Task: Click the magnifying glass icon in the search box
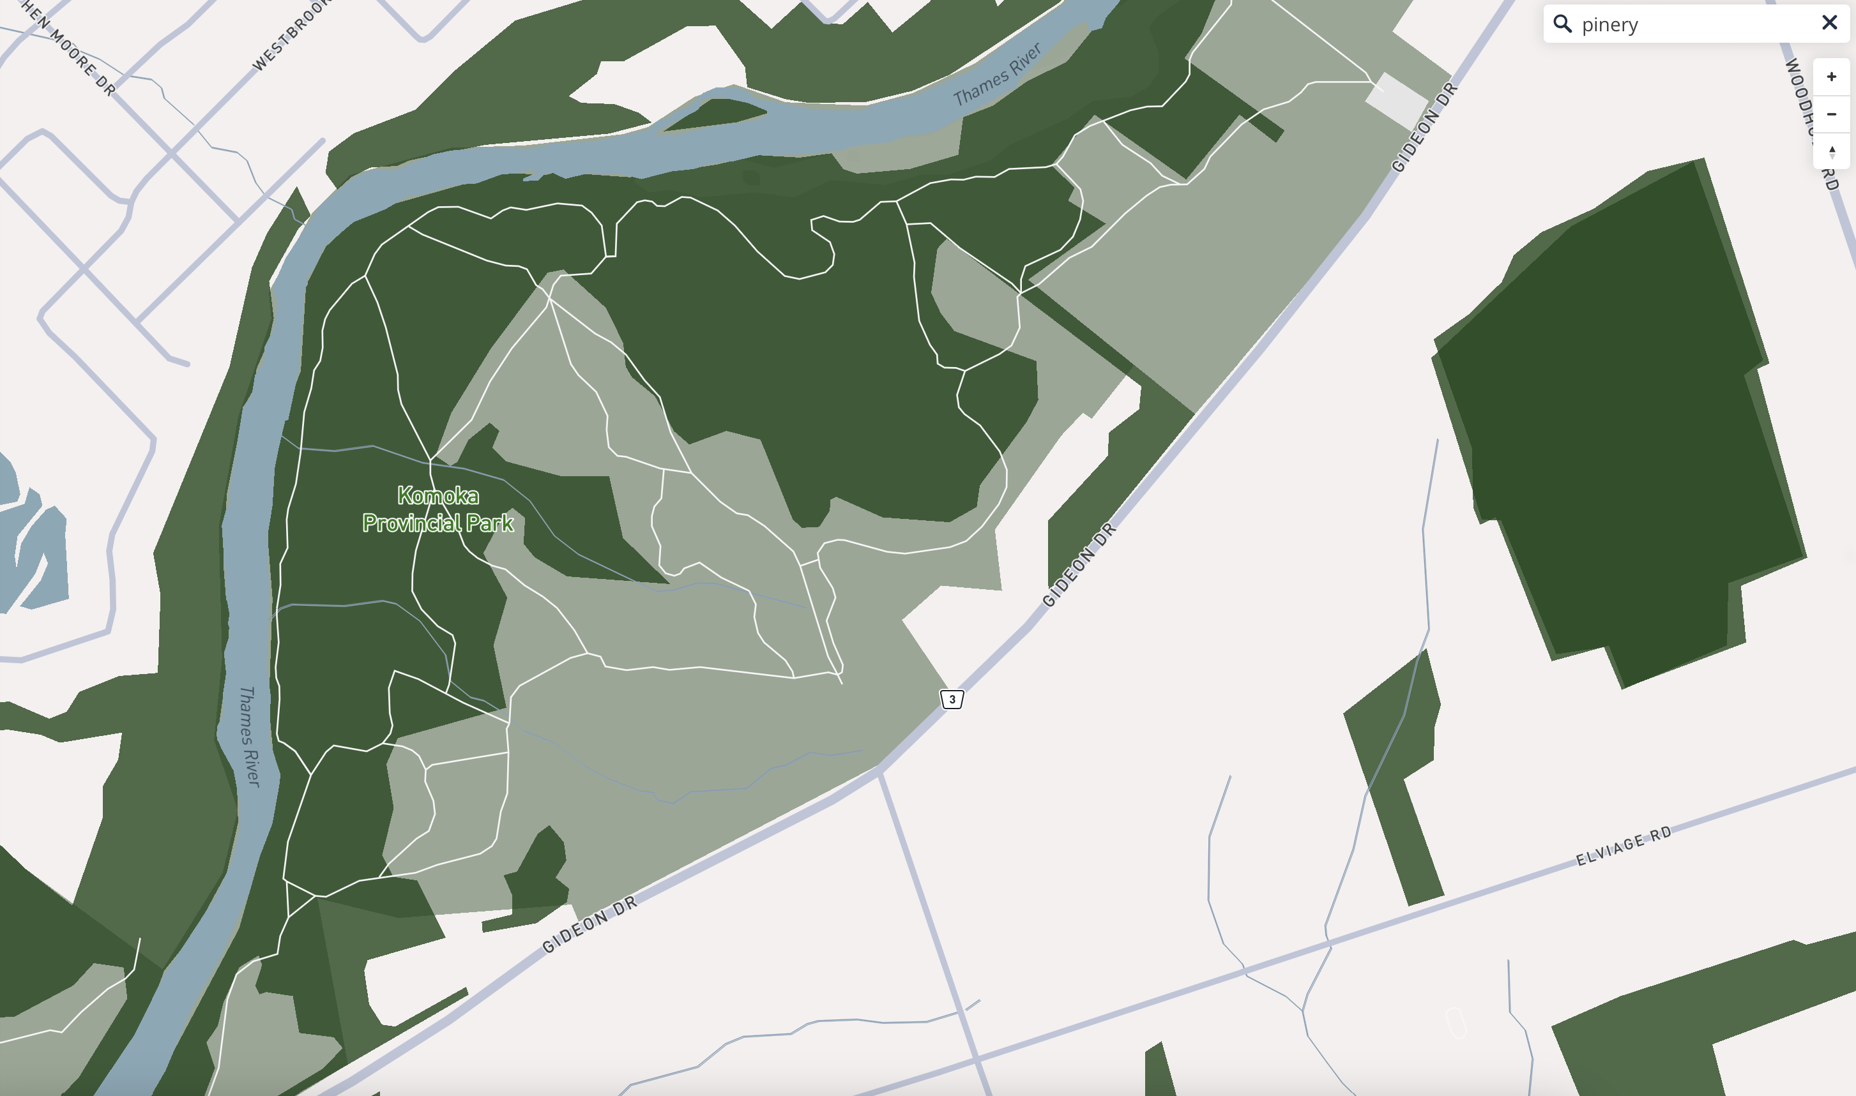[1562, 24]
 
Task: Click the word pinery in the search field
[1610, 25]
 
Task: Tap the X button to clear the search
[1829, 23]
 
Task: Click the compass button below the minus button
[1832, 151]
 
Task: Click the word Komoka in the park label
[438, 495]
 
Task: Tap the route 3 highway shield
[952, 700]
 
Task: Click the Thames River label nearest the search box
[997, 75]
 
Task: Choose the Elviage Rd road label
[1624, 846]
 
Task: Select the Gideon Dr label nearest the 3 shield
[1079, 565]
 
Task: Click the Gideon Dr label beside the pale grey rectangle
[1424, 127]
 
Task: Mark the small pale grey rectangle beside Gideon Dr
[1396, 100]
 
